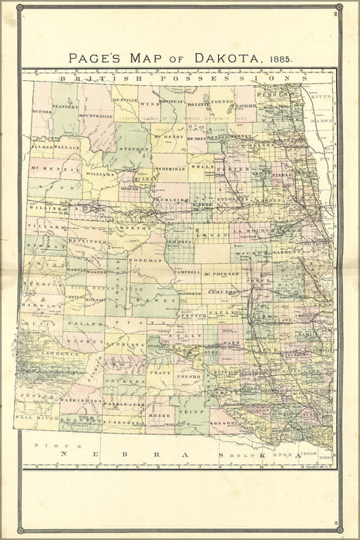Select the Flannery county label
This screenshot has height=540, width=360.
click(66, 107)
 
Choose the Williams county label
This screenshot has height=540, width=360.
click(101, 174)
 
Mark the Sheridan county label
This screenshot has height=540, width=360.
click(170, 168)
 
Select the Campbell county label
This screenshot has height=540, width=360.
click(187, 272)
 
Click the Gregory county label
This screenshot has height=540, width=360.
click(223, 421)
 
